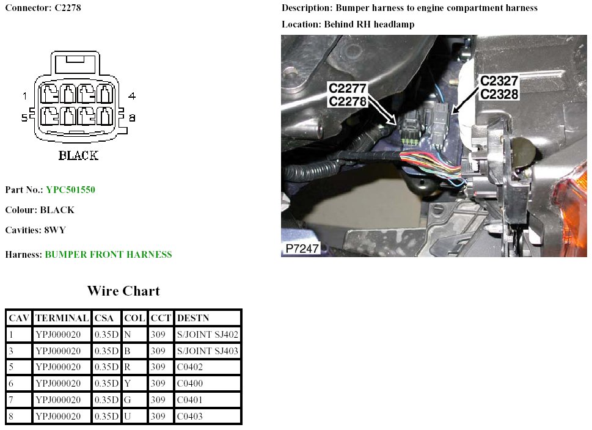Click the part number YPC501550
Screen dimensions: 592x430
(70, 190)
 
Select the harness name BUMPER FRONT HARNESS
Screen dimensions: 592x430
(108, 255)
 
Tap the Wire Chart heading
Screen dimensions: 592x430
(123, 291)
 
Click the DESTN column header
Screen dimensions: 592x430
(192, 318)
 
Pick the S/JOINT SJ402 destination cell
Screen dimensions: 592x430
(207, 335)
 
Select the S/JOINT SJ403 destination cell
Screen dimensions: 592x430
(207, 351)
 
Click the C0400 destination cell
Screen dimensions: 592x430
(190, 384)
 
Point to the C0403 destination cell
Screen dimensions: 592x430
(190, 417)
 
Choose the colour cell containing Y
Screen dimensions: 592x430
(127, 384)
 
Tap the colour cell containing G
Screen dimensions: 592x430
(127, 400)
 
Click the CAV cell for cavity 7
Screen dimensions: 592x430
(10, 400)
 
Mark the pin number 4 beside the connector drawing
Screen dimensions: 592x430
(131, 96)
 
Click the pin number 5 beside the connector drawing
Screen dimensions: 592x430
(24, 117)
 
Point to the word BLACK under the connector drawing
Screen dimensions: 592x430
(78, 155)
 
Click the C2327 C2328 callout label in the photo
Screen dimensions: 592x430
(499, 87)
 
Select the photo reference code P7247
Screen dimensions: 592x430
(302, 249)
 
